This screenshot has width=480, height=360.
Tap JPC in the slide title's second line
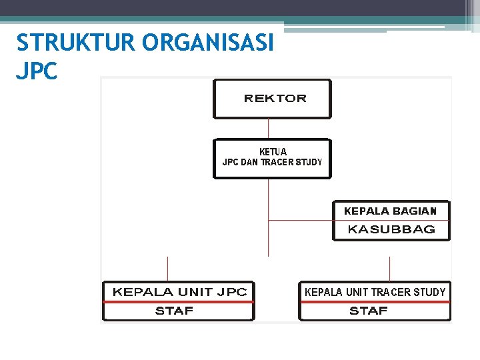(37, 71)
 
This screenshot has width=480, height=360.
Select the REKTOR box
(272, 99)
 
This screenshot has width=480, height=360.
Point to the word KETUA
(273, 151)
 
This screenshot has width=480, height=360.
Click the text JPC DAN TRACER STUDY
(272, 162)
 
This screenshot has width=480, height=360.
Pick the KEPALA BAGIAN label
(390, 211)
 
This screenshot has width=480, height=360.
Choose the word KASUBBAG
(391, 229)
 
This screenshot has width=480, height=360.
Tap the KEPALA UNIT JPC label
(179, 292)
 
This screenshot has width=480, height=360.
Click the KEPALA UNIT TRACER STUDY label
(375, 292)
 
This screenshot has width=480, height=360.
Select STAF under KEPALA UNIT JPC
(174, 311)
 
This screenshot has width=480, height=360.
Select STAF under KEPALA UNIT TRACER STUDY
(369, 311)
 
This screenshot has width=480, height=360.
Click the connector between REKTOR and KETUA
(268, 129)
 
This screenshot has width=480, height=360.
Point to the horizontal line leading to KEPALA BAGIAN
(300, 220)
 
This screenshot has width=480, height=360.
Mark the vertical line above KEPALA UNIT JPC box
(167, 269)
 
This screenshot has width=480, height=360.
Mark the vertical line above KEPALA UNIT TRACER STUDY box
(389, 269)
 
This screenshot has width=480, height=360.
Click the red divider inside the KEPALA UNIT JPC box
(179, 301)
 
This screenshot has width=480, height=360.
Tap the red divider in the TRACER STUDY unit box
(375, 301)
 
